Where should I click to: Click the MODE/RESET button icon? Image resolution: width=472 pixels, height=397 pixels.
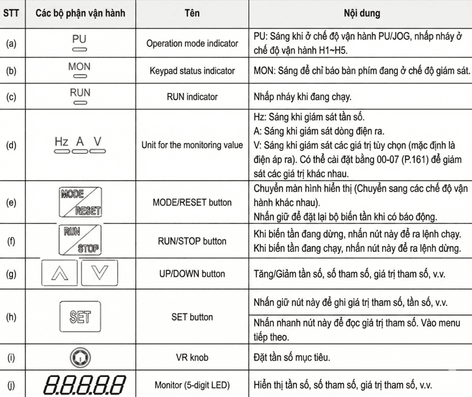(x=80, y=202)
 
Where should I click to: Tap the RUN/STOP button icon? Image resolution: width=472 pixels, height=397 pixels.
(x=80, y=240)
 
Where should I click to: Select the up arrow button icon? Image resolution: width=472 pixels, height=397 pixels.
(x=59, y=273)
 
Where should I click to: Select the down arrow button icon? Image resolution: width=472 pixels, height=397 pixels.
(x=100, y=273)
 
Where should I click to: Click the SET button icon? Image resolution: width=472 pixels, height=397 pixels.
(x=79, y=317)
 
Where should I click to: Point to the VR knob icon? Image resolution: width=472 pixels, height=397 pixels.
(x=79, y=357)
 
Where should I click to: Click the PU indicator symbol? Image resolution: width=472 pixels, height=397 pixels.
(x=79, y=42)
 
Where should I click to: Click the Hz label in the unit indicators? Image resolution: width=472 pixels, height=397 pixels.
(x=62, y=141)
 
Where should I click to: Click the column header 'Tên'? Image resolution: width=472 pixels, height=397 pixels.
(x=192, y=13)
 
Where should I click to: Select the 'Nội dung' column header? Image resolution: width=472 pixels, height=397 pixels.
(x=361, y=13)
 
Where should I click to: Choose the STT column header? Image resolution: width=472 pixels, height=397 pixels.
(x=12, y=13)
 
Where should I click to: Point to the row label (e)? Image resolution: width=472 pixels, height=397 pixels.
(x=12, y=202)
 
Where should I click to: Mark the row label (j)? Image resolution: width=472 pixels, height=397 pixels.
(x=12, y=384)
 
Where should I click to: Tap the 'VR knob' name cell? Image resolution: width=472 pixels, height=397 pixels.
(x=192, y=357)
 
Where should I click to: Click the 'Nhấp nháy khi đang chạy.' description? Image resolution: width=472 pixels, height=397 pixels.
(x=302, y=97)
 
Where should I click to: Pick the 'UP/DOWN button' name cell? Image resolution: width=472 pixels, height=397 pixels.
(x=192, y=274)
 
